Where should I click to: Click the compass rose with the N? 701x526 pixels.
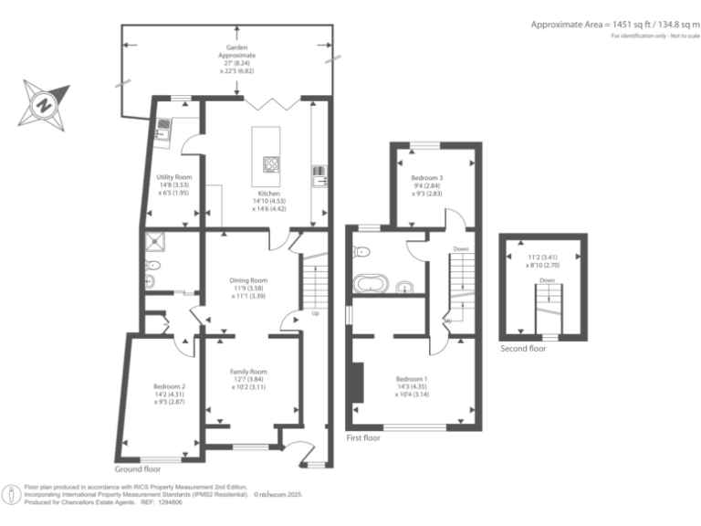(x=42, y=103)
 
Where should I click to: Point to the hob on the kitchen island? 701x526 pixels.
(x=271, y=164)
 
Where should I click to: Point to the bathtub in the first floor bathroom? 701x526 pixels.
(x=371, y=283)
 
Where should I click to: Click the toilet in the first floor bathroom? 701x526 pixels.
(x=362, y=251)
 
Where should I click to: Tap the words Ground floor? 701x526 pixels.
(x=137, y=468)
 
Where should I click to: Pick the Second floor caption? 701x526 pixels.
(x=524, y=349)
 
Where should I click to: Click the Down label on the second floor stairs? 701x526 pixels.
(x=547, y=280)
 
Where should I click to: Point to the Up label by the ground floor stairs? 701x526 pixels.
(x=316, y=313)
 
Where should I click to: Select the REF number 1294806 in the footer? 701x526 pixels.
(x=168, y=502)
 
